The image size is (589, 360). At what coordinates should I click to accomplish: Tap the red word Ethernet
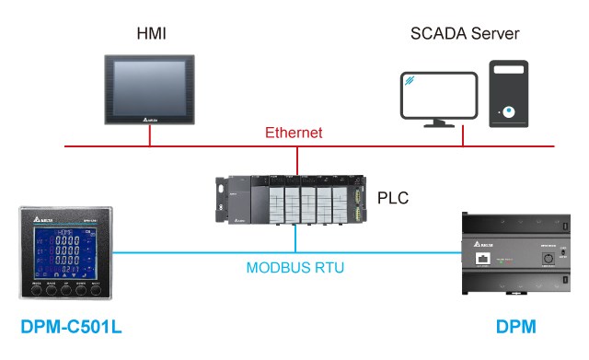point(294,133)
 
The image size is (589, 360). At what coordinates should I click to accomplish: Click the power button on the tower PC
point(508,114)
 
